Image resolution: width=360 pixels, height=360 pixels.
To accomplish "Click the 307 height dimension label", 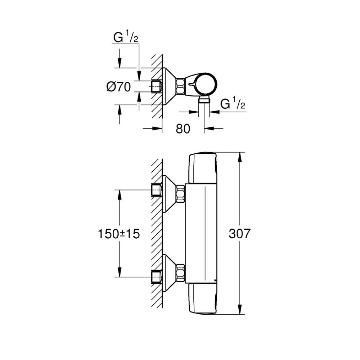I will tap(239, 234).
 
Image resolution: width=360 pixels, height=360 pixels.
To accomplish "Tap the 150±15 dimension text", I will tap(118, 234).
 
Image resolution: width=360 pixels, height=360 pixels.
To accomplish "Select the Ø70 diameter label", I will tap(118, 87).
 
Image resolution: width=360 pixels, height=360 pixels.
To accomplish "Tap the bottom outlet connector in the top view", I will tap(204, 99).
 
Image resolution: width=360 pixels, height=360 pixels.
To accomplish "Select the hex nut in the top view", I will tap(181, 86).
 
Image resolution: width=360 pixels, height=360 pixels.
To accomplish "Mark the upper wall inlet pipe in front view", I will tap(156, 190).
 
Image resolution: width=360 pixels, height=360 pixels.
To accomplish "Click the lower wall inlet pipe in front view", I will tap(156, 277).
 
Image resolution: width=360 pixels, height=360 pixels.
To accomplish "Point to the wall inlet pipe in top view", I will tap(156, 86).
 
